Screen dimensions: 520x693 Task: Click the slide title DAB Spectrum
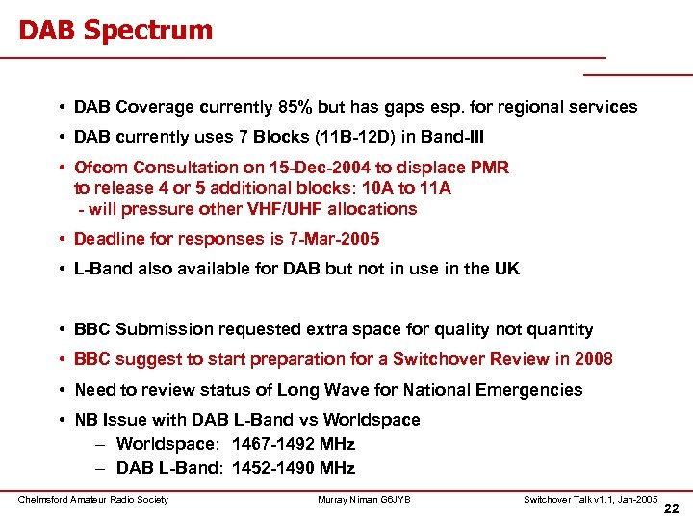[x=115, y=30]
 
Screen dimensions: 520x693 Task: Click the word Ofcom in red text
[x=102, y=168]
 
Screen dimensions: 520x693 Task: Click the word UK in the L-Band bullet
[x=506, y=269]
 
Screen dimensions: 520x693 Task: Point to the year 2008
[x=592, y=359]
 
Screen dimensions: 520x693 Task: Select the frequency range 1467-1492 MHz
[x=294, y=444]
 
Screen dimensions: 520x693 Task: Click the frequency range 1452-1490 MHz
[x=294, y=468]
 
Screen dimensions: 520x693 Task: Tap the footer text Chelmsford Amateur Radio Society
[x=93, y=499]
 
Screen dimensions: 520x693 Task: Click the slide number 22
[x=672, y=508]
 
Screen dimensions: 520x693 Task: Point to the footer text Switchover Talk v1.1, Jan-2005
[x=590, y=499]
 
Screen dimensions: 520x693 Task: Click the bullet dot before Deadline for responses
[x=61, y=239]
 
